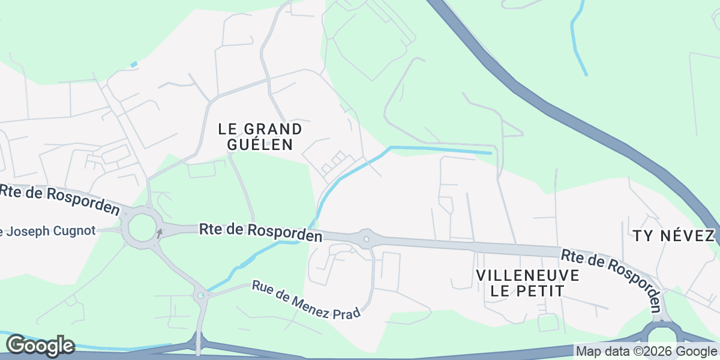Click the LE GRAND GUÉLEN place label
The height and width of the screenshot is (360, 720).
[260, 137]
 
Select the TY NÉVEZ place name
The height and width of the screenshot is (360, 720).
[674, 236]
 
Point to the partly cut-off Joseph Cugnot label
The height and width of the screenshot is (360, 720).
[48, 231]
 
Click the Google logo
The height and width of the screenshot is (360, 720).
[40, 346]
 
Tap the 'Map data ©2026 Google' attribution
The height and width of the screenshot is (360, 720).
[647, 351]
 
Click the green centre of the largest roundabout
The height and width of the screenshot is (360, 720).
[142, 228]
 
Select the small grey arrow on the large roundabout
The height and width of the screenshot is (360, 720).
[160, 233]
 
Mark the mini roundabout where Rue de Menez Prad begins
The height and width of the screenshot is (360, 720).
[200, 295]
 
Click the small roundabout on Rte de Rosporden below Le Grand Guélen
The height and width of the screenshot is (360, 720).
[366, 239]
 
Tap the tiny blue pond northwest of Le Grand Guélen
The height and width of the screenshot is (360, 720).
[134, 64]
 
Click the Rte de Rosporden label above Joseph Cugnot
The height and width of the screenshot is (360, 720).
[60, 199]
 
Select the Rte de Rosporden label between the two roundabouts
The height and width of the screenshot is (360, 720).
[260, 232]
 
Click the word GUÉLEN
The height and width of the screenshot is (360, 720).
[260, 145]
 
